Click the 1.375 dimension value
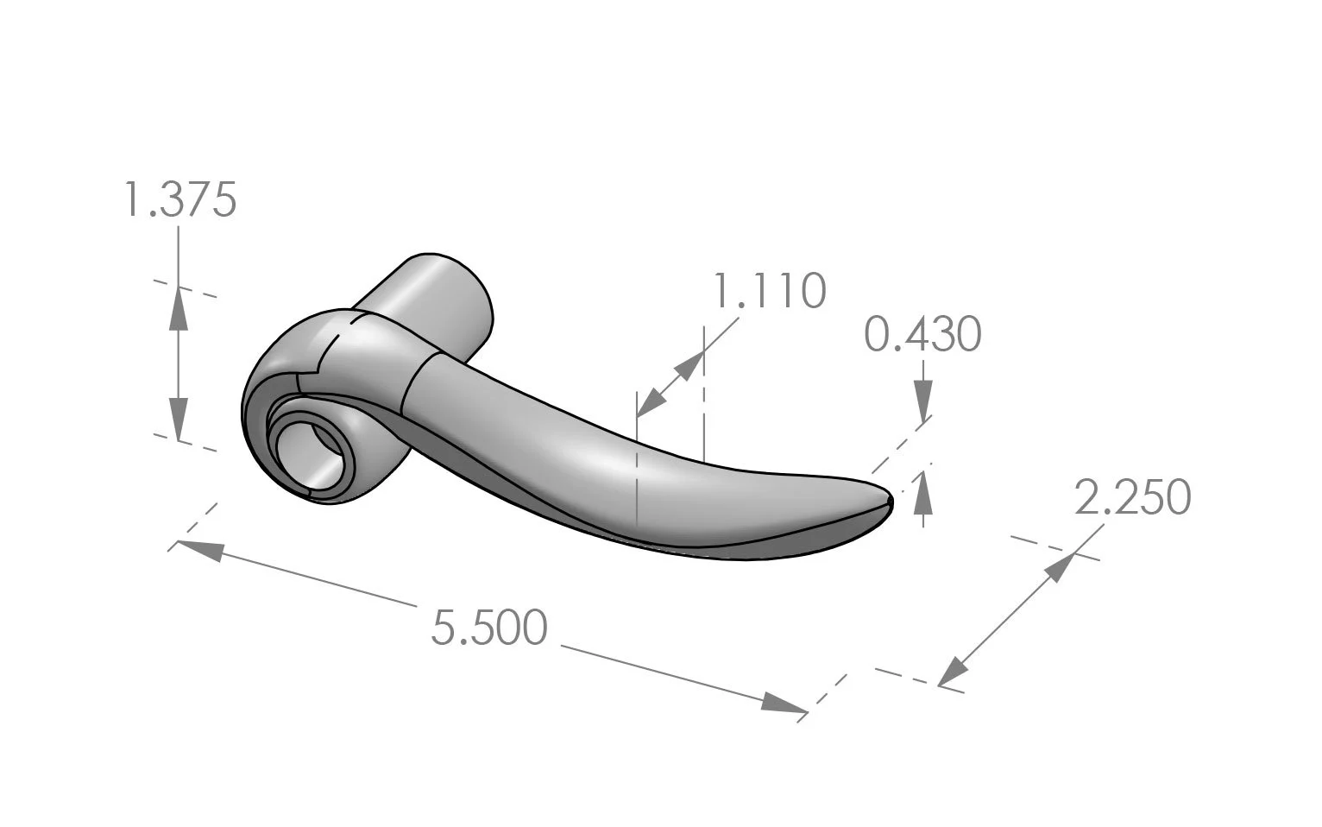tap(179, 200)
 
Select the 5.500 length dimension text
tap(488, 628)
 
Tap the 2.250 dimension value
tap(1132, 497)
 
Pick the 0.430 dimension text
tap(922, 334)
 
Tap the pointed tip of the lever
tap(891, 499)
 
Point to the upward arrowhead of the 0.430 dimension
tap(923, 488)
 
